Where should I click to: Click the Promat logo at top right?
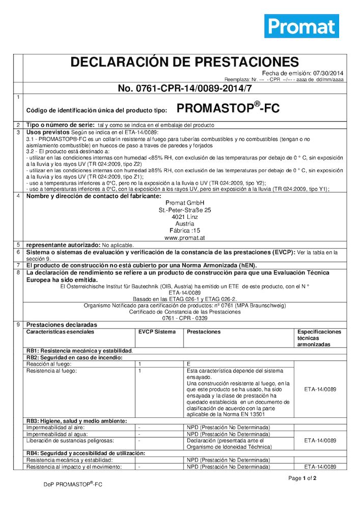(301, 26)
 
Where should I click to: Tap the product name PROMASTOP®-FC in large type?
(228, 108)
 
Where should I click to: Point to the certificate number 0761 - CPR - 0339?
(185, 318)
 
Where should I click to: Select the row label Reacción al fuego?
(49, 364)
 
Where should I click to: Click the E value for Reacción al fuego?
(188, 364)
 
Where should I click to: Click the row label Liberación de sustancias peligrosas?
(70, 440)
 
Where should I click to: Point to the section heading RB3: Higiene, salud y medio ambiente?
(76, 421)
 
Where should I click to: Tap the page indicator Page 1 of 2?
(302, 478)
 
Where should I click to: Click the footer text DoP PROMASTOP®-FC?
(73, 485)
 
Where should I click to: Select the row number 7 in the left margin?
(18, 265)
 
